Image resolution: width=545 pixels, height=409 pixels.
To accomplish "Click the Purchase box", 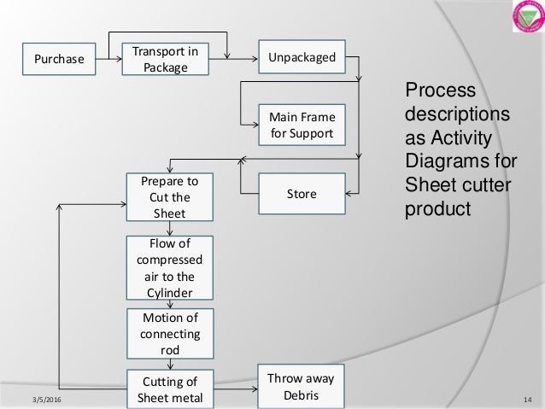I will click(59, 59).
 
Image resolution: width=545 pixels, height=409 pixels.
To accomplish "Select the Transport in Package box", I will click(165, 59).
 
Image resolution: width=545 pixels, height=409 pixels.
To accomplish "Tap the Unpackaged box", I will click(302, 59).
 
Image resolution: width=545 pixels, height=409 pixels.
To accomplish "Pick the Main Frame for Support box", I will click(302, 126).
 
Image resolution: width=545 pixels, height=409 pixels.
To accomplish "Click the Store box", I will click(302, 194).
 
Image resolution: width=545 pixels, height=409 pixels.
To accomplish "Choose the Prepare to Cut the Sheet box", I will click(168, 197).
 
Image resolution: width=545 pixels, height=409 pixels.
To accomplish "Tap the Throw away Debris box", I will click(302, 386).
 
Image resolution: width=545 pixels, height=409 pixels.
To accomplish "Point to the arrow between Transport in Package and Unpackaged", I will click(233, 59).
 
